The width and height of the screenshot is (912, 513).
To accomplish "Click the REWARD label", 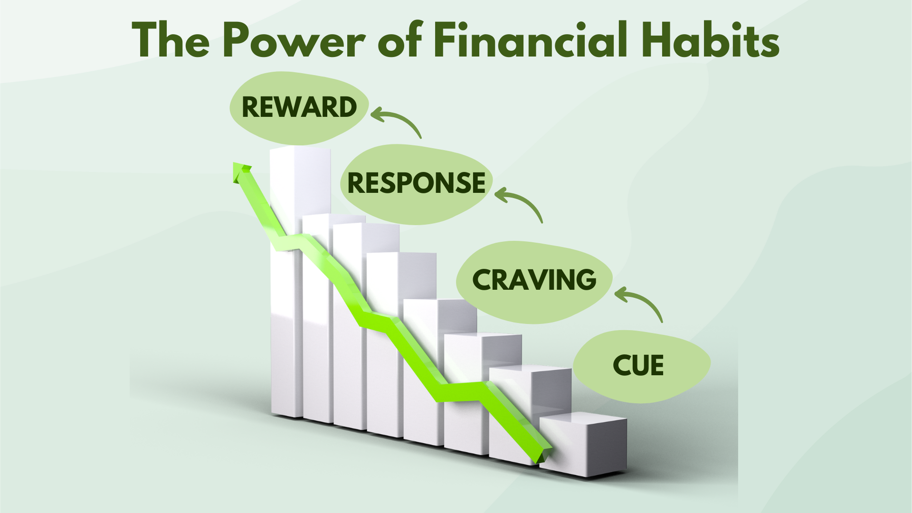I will pos(299,107).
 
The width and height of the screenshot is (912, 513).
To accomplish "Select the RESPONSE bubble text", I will pos(416,183).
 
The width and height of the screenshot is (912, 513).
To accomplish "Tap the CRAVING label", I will pos(534,280).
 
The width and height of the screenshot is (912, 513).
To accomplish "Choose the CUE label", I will pos(638,366).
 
